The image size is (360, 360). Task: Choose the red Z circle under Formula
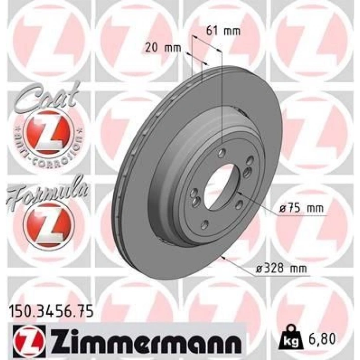coord(49,223)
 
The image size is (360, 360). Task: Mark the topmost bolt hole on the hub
coord(222,152)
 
